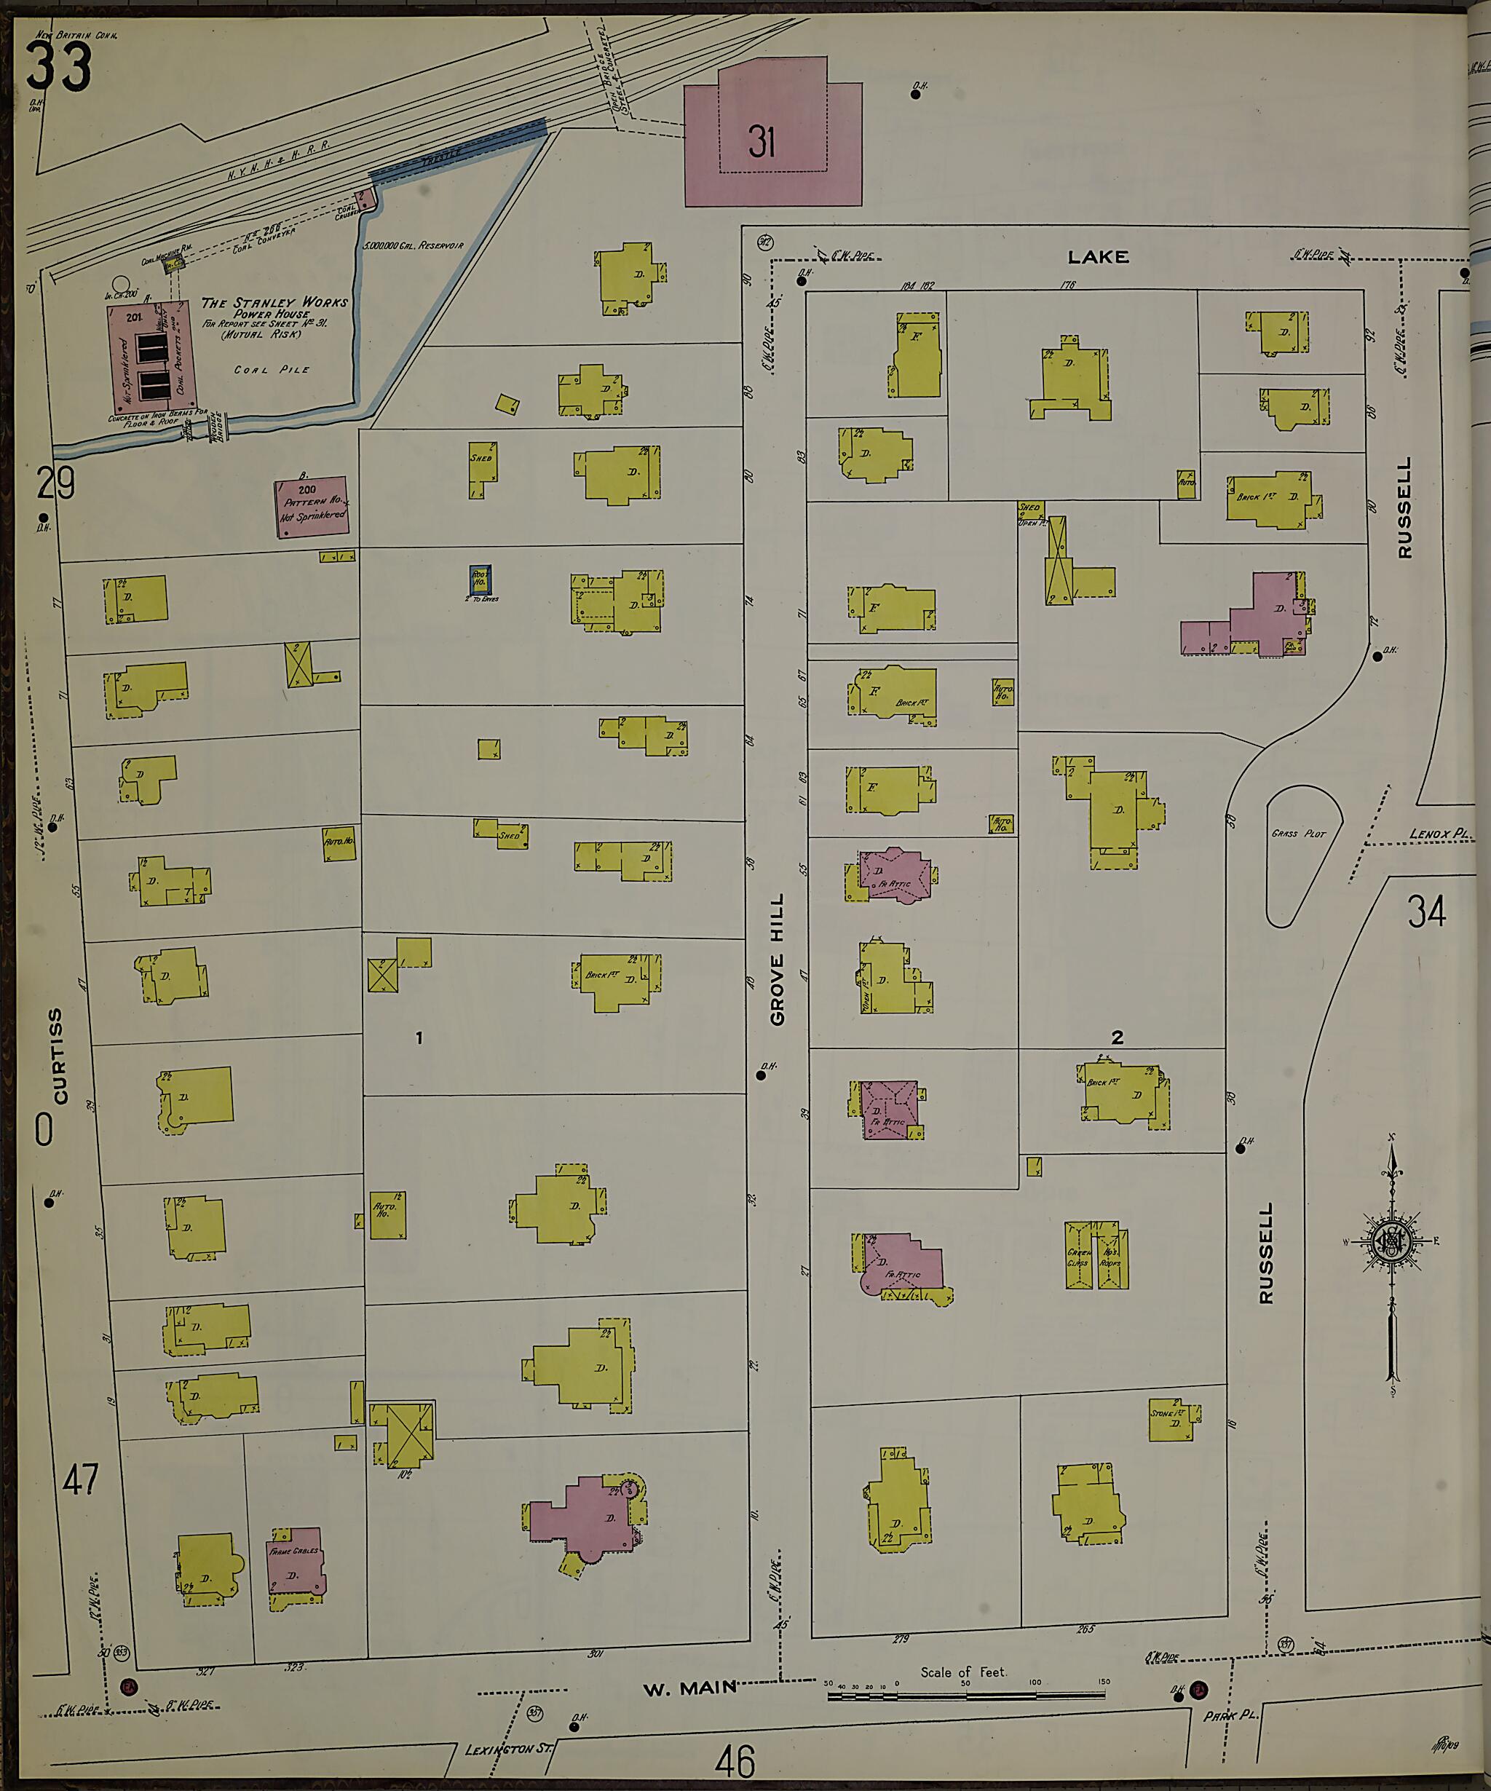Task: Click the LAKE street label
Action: pos(1099,257)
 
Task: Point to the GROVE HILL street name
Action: pos(777,959)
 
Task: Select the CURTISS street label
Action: pos(57,1056)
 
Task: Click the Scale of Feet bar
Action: pos(965,1695)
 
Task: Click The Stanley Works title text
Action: pos(274,303)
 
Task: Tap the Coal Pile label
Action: pos(272,370)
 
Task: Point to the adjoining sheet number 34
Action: pos(1427,912)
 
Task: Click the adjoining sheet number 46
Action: pos(735,1760)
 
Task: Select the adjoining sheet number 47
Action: pos(81,1479)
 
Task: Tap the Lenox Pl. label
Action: pos(1441,834)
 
